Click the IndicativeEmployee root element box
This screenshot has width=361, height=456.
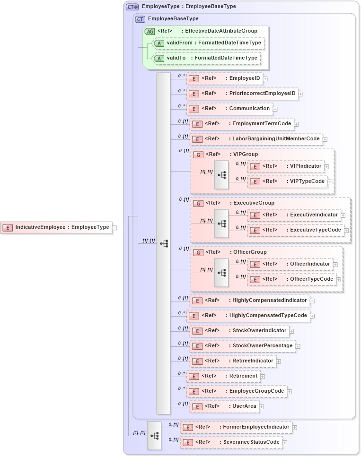(x=56, y=227)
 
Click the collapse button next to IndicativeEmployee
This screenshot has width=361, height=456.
(x=114, y=227)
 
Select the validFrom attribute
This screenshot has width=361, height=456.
(x=208, y=43)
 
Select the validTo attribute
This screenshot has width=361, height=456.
(x=206, y=58)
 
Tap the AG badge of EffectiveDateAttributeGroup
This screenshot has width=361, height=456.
(x=150, y=31)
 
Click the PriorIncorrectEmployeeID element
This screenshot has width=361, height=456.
(x=242, y=94)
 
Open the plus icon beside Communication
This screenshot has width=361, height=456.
(x=275, y=109)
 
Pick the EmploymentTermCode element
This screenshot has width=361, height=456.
(x=241, y=124)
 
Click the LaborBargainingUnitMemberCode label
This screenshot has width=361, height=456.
(x=255, y=139)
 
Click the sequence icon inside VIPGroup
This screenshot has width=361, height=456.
(x=221, y=175)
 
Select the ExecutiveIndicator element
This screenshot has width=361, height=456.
(x=294, y=215)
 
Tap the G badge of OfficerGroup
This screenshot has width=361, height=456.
(x=199, y=252)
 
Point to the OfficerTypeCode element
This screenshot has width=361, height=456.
(x=291, y=279)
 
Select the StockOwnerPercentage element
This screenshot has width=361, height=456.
(x=242, y=346)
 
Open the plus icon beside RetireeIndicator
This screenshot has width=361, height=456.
(x=279, y=361)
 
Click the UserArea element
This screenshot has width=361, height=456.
(x=224, y=406)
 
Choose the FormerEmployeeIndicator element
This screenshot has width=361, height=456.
(x=236, y=427)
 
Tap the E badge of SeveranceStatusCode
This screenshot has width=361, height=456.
(x=187, y=443)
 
